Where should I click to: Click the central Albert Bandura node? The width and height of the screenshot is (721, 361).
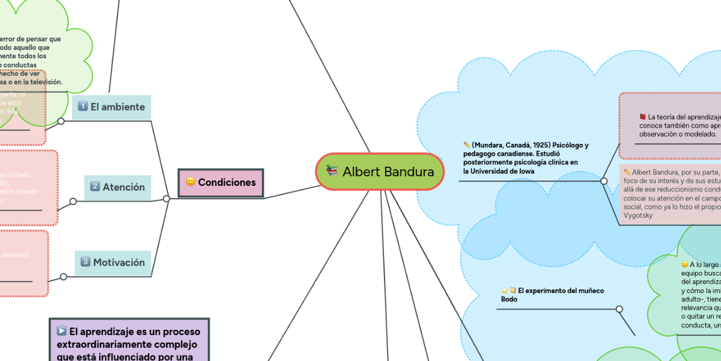[379, 172]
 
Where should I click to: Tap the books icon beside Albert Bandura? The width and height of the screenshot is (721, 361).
[332, 171]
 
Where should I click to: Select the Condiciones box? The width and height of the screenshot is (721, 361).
[221, 182]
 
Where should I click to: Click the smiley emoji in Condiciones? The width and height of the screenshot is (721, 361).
[190, 182]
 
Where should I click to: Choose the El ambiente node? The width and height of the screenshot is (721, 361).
[111, 107]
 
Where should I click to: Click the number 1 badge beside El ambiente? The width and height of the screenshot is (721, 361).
[83, 107]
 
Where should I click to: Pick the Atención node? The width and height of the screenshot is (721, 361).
[118, 187]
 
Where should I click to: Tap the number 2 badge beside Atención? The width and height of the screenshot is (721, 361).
[95, 187]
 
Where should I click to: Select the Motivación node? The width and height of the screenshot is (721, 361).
[113, 262]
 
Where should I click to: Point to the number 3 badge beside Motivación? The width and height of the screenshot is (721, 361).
[85, 262]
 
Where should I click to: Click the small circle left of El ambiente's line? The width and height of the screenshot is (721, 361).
[61, 121]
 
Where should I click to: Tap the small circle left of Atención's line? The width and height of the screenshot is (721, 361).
[73, 201]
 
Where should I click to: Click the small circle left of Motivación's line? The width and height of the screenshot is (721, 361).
[63, 277]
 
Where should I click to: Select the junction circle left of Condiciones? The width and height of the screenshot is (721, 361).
[166, 199]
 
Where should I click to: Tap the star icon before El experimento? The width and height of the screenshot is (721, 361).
[505, 291]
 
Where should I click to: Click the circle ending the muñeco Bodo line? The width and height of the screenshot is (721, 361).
[619, 309]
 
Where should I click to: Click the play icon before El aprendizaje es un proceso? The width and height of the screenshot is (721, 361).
[61, 331]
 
